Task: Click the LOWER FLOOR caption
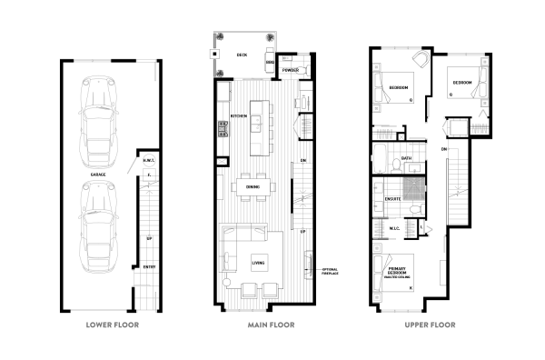[x=112, y=325]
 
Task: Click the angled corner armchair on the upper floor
[x=421, y=59]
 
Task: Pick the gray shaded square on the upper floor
[x=414, y=190]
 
